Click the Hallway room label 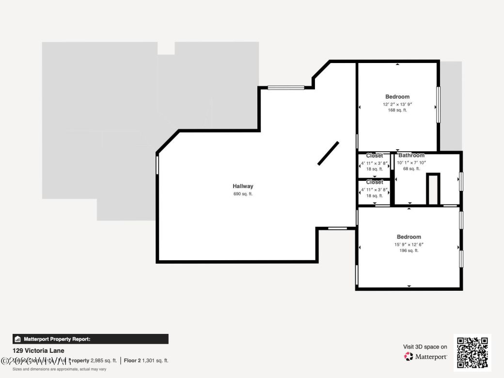coord(243,186)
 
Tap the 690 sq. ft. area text coord(243,194)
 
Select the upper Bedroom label coord(397,97)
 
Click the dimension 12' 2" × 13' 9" coord(397,104)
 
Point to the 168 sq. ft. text coord(397,110)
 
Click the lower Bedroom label coord(409,237)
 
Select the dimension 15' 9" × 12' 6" coord(409,245)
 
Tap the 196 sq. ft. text coord(409,251)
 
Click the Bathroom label coord(411,156)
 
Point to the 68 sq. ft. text coord(411,169)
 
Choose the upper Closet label coord(374,156)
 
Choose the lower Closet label coord(374,182)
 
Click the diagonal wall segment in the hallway coord(328,153)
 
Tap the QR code coord(472,352)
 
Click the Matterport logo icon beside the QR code coord(409,357)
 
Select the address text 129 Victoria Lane coord(38,350)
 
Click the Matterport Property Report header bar coord(90,339)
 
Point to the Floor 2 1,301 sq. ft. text coord(146,361)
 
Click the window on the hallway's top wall coord(286,88)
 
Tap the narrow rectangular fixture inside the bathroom coord(432,189)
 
